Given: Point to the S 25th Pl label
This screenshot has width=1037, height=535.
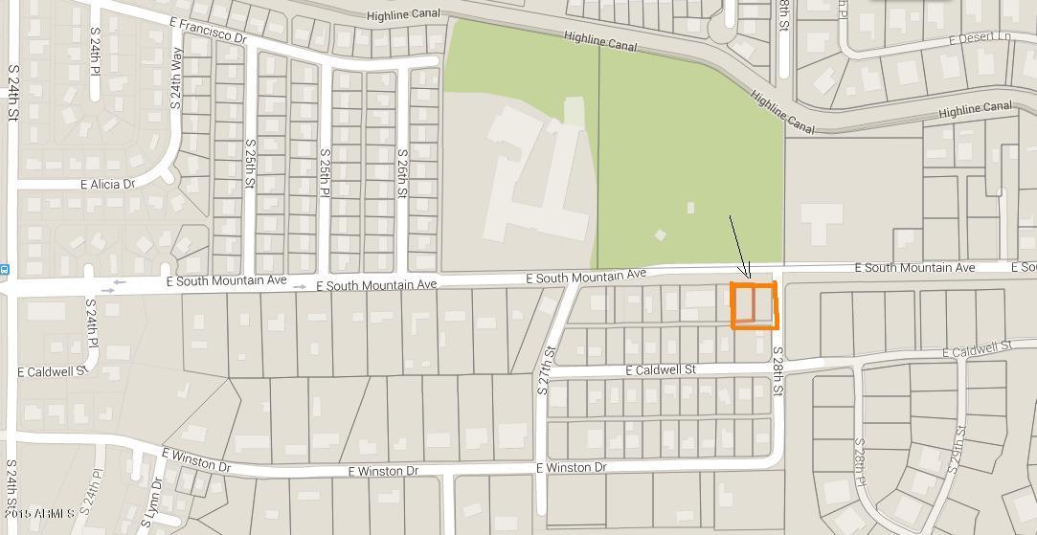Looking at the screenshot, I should [326, 173].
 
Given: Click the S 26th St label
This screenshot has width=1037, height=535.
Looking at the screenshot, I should [402, 173].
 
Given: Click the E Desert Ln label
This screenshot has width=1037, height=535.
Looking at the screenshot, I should [979, 39].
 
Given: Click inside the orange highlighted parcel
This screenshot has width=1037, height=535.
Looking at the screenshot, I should [754, 305].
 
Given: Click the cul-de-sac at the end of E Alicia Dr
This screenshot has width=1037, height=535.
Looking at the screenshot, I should [169, 175].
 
